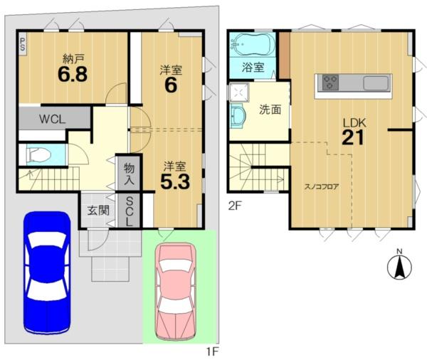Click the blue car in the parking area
pos(47,273)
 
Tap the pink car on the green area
pos(175,292)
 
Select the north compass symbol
pos(399,265)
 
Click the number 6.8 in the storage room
pos(73,74)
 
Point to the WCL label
pos(52,120)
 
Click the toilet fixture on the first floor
pos(39,155)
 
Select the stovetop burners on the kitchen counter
pos(330,83)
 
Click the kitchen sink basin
pos(376,83)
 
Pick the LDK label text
pos(354,123)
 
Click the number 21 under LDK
pos(353,138)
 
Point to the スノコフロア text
pos(322,187)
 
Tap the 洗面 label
pos(270,110)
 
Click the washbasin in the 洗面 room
pos(238,115)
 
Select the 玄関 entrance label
pos(98,211)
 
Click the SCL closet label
pos(130,211)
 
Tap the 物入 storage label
pos(129,174)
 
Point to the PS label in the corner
pos(22,44)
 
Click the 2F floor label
pos(235,206)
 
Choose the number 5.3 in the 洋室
pos(175,182)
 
